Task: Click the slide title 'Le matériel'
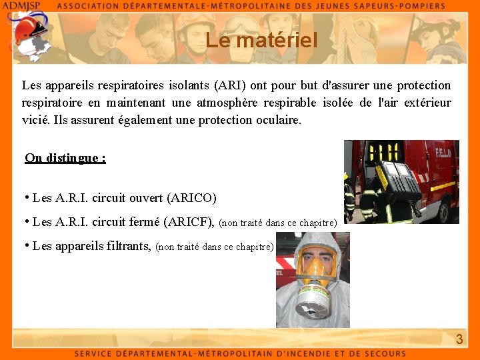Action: tap(261, 41)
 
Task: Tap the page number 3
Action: tap(459, 339)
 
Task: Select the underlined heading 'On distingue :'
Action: tap(65, 158)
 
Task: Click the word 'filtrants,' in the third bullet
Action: tap(129, 246)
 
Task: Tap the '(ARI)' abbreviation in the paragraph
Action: tap(230, 85)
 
